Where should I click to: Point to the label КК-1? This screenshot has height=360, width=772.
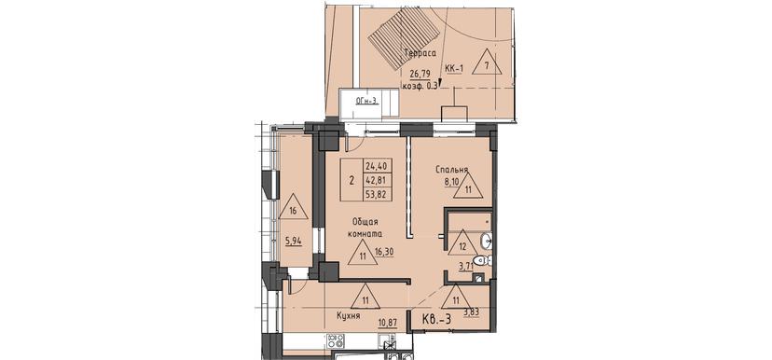pyautogui.click(x=454, y=68)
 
